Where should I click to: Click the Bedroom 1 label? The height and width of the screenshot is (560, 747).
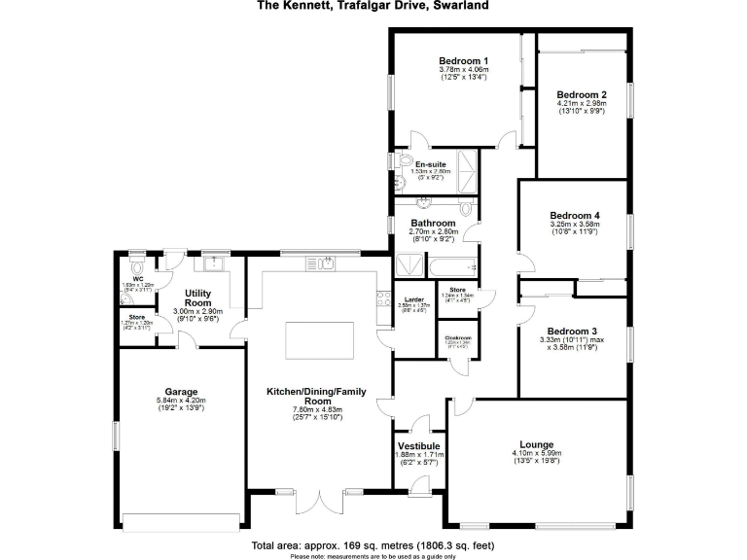pos(463,60)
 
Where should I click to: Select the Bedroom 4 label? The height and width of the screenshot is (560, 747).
pos(574,215)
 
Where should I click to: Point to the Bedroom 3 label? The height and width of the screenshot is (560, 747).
pos(574,331)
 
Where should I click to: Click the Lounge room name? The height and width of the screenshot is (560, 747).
pos(537,443)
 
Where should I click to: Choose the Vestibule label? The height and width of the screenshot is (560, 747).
pos(420,445)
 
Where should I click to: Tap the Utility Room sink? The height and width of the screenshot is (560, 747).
pos(210,263)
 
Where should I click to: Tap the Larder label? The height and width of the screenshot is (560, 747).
pos(408,298)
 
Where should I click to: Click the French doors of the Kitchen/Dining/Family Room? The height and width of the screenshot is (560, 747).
pos(321,503)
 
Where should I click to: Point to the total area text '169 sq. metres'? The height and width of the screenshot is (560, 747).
pos(361,545)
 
